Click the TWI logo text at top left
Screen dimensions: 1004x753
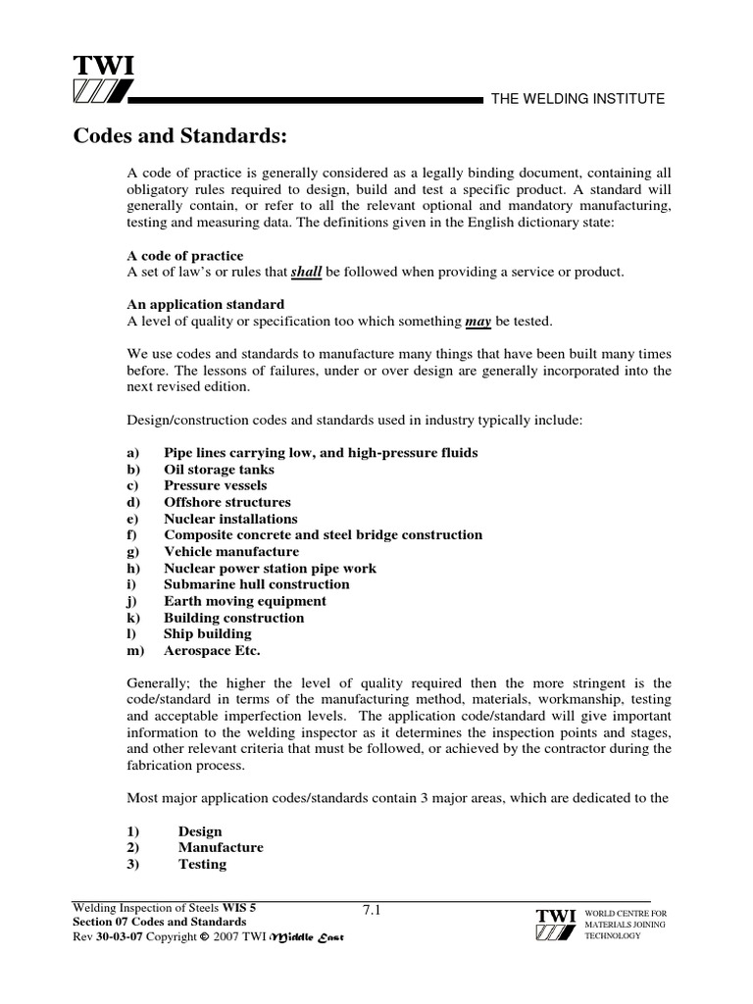(103, 66)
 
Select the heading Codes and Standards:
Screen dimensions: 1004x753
(180, 134)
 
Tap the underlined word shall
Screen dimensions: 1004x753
(307, 272)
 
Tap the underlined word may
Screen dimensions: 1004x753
(477, 320)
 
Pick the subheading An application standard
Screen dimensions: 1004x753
(206, 304)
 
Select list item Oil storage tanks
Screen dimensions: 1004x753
(219, 470)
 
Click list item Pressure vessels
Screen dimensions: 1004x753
(215, 485)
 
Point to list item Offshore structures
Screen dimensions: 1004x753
(226, 502)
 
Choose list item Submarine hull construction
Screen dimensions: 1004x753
(256, 584)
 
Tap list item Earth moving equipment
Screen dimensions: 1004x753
(245, 601)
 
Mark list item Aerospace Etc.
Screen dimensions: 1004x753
(212, 651)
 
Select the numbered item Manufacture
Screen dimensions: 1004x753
(221, 847)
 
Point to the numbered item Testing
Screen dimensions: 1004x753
(202, 864)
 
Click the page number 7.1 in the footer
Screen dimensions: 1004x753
(371, 910)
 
